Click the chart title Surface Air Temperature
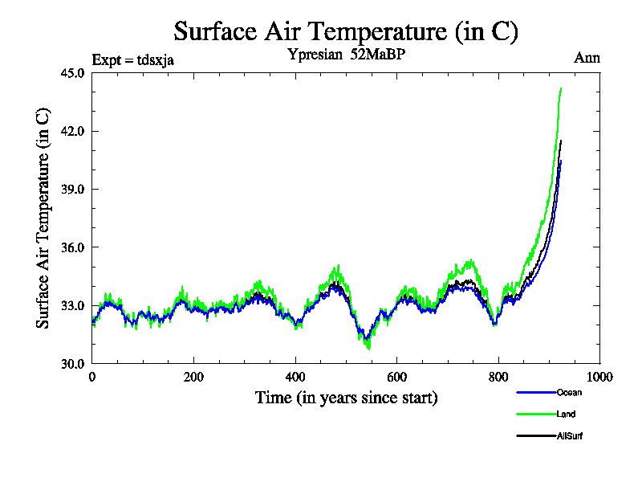pyautogui.click(x=346, y=31)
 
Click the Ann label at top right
pyautogui.click(x=587, y=58)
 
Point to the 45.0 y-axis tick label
pyautogui.click(x=72, y=73)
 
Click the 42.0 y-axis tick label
pyautogui.click(x=72, y=131)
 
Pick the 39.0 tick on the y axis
pyautogui.click(x=72, y=189)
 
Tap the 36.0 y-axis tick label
pyautogui.click(x=72, y=247)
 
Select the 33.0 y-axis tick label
pyautogui.click(x=72, y=305)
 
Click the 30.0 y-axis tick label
pyautogui.click(x=72, y=363)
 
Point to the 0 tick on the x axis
pyautogui.click(x=92, y=377)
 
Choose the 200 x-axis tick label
pyautogui.click(x=193, y=377)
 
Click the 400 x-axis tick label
pyautogui.click(x=295, y=377)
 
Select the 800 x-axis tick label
pyautogui.click(x=498, y=377)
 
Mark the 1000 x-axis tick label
pyautogui.click(x=599, y=377)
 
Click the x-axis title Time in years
pyautogui.click(x=346, y=398)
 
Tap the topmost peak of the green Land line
pyautogui.click(x=560, y=88)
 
